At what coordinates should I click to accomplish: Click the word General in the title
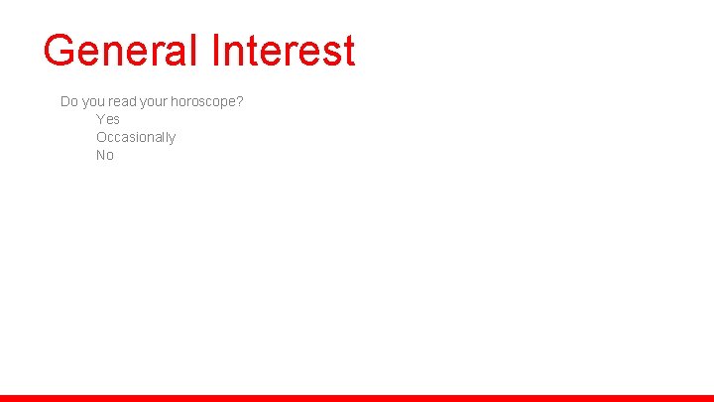[x=121, y=50]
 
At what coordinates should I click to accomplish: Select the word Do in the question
[x=69, y=101]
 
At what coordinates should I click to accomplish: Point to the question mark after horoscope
[x=240, y=101]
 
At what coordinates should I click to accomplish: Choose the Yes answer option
[x=108, y=119]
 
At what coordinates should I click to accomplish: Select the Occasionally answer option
[x=136, y=137]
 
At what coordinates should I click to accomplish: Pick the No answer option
[x=105, y=155]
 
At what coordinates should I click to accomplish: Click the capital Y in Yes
[x=100, y=119]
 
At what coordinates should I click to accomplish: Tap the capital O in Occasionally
[x=101, y=137]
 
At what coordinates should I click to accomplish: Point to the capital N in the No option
[x=101, y=155]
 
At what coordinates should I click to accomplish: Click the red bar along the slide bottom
[x=357, y=398]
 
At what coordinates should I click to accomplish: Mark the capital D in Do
[x=65, y=101]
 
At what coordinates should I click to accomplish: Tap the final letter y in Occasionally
[x=173, y=139]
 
